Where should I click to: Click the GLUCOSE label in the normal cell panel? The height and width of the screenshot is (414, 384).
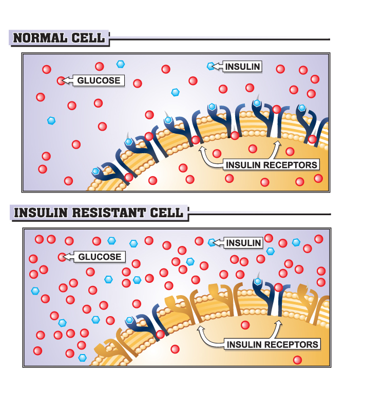coord(99,80)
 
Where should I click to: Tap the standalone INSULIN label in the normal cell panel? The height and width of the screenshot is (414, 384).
coord(243,67)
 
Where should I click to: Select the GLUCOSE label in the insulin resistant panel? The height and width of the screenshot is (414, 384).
coord(100,257)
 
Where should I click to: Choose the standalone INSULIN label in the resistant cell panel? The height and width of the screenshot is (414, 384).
coord(244,243)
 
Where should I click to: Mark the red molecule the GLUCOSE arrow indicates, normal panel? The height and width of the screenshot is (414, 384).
coord(61,80)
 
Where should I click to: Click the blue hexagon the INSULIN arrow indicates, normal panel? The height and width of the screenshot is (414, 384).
coord(210,66)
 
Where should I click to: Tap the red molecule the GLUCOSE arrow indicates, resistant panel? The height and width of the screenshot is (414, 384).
coord(62,257)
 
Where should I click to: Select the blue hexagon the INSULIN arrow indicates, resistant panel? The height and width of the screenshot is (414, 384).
coord(212,242)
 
